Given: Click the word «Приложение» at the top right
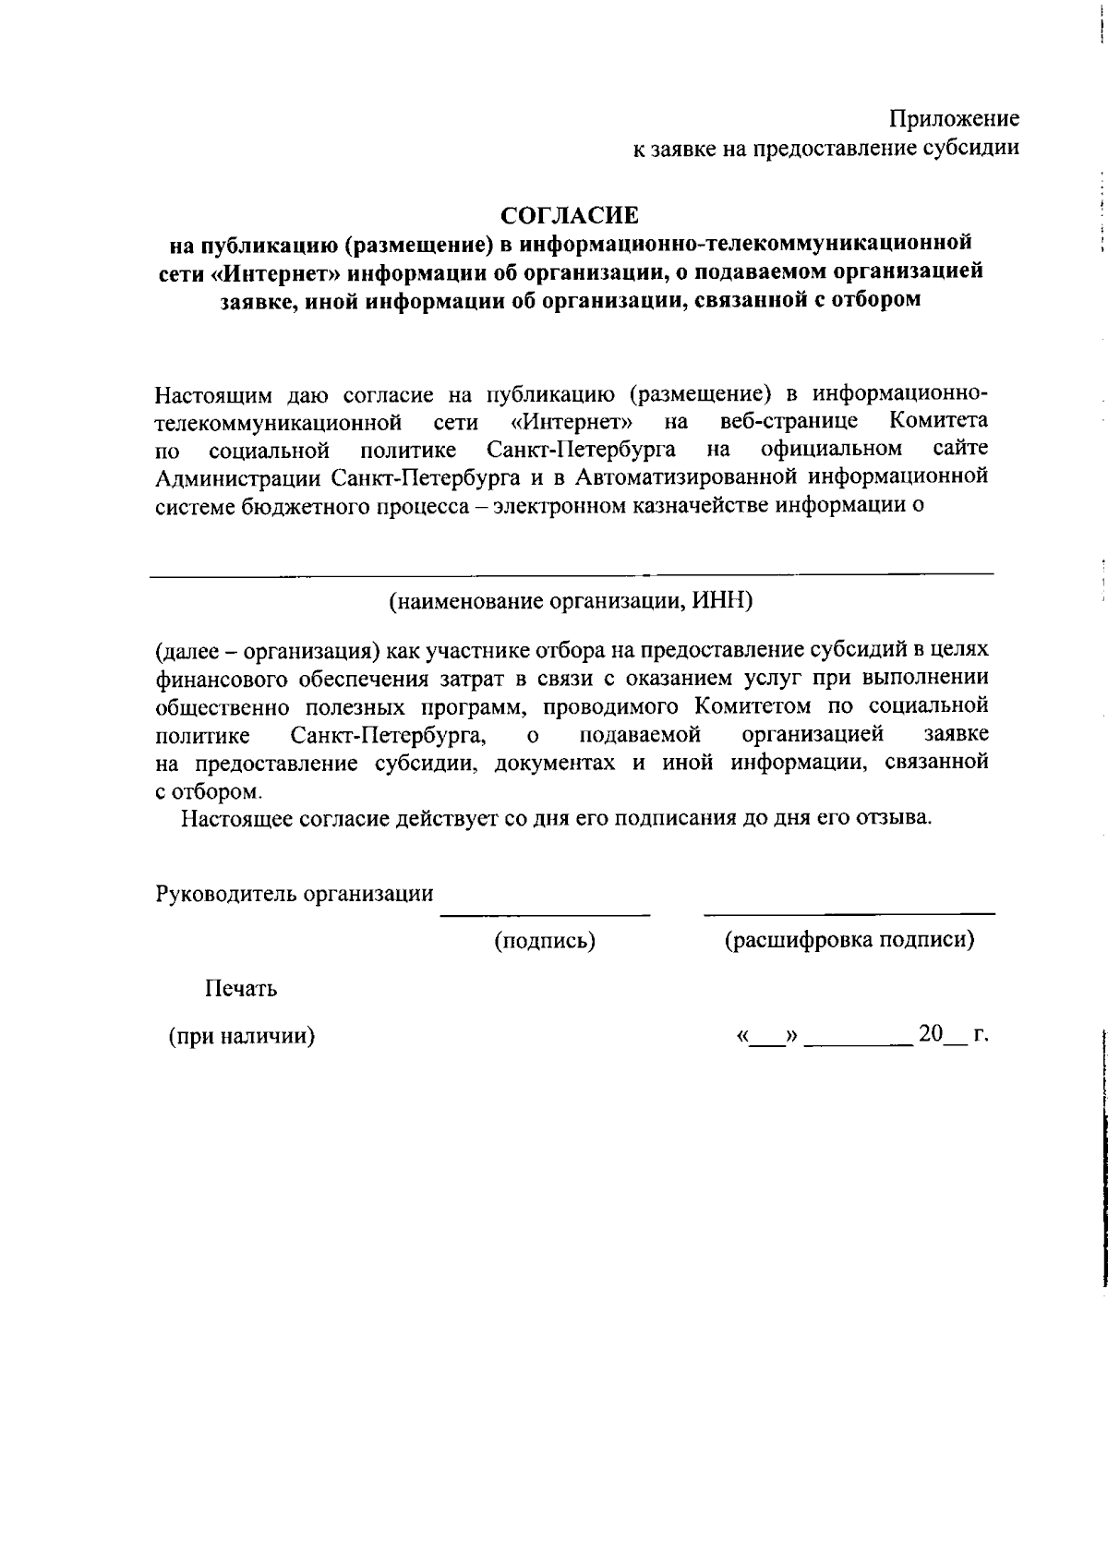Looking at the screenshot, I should pyautogui.click(x=954, y=119).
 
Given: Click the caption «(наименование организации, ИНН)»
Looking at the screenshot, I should pyautogui.click(x=571, y=601).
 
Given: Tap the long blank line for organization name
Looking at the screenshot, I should pyautogui.click(x=571, y=575).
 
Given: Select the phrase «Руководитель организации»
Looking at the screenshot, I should pyautogui.click(x=295, y=893).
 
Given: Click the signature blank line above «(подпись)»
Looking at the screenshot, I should pyautogui.click(x=545, y=915).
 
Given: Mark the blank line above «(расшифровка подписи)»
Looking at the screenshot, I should pyautogui.click(x=849, y=914).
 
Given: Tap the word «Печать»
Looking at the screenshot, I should pyautogui.click(x=240, y=989).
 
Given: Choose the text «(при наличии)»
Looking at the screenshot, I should pyautogui.click(x=241, y=1036).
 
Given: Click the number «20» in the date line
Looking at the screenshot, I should pyautogui.click(x=930, y=1034).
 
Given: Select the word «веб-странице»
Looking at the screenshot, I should pyautogui.click(x=789, y=421).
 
